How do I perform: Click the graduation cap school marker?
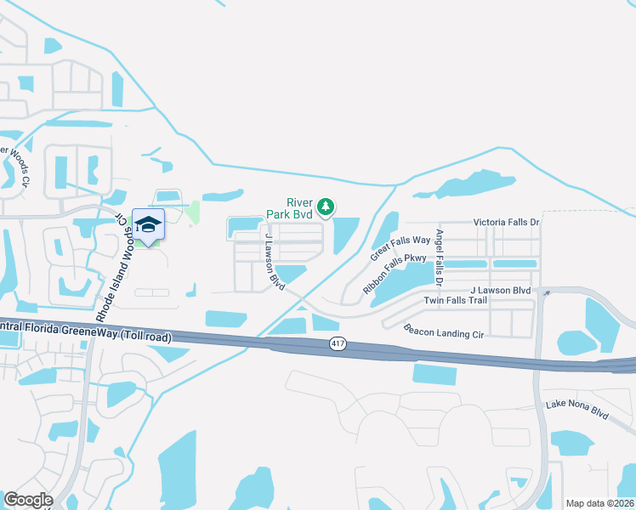148,225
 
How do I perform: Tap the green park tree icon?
325,207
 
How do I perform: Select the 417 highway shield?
337,343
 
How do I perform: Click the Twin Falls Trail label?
456,301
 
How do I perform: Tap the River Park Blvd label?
289,208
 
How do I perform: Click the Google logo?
28,500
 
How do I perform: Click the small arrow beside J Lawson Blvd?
547,292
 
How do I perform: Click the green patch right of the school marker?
193,212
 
